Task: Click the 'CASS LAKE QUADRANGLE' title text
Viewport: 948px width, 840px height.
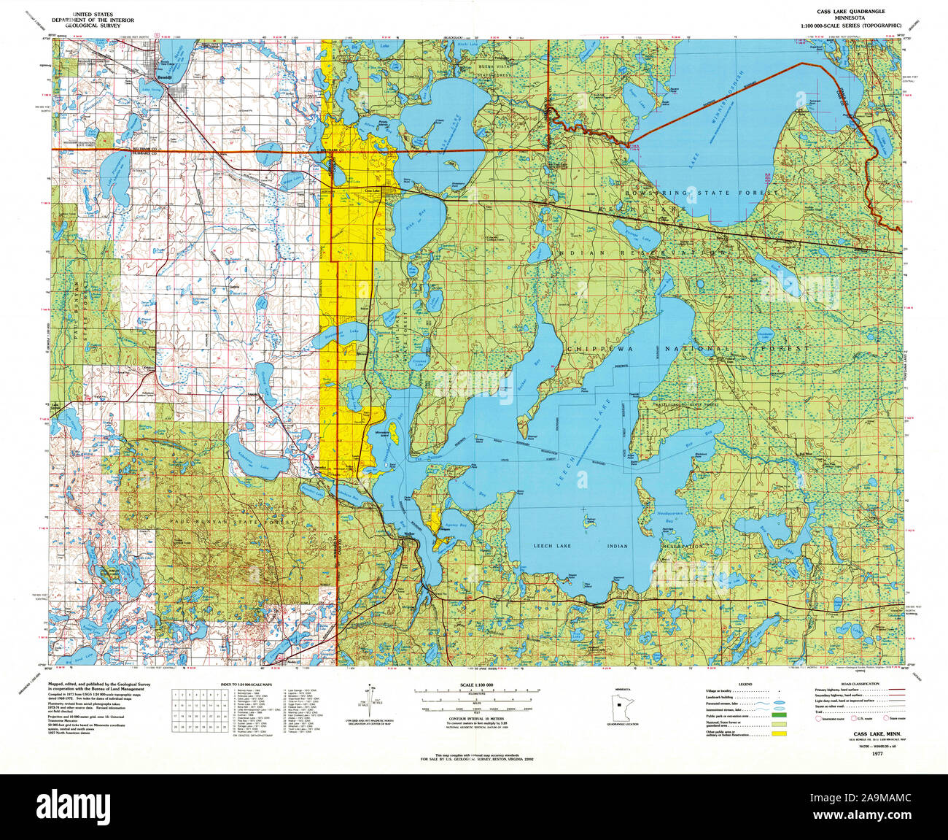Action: (x=853, y=13)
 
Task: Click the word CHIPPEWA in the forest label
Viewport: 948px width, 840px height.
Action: (x=595, y=350)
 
